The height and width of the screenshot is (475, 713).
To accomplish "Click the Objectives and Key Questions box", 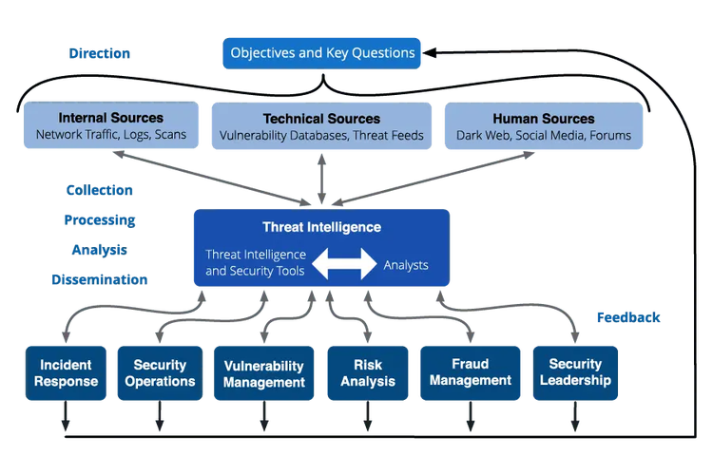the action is pos(321,53).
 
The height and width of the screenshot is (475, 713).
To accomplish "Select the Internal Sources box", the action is pos(111,125).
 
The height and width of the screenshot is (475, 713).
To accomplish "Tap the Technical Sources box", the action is pos(321,126).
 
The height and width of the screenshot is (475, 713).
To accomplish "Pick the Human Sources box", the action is pos(544,126).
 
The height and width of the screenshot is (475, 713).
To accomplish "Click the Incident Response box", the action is pos(66,373).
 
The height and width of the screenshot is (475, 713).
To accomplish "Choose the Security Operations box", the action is pos(160,373).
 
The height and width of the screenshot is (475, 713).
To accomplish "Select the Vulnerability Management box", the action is pos(263,373).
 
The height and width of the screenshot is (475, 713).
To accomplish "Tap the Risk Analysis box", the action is pos(368,373).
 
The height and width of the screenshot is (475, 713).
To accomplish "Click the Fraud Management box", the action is pos(471,373).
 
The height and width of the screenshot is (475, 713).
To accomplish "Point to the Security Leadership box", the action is pos(575,373).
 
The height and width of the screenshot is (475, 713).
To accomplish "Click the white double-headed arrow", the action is pos(344,264).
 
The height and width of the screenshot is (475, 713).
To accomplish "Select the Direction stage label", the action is pos(100,53).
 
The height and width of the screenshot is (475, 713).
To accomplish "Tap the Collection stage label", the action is pos(100,190).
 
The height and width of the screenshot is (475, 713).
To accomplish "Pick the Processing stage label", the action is pos(100,220).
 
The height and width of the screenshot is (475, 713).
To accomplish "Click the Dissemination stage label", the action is pos(100,279).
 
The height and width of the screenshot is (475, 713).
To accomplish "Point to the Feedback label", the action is pos(628,317).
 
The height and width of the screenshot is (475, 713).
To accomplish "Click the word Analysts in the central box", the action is pos(406,265).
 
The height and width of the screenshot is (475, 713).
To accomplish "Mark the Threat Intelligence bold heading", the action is pos(322,227).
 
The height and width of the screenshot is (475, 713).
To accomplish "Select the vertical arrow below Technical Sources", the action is pos(322,179).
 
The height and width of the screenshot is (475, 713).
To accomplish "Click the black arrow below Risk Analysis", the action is pos(368,416).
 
